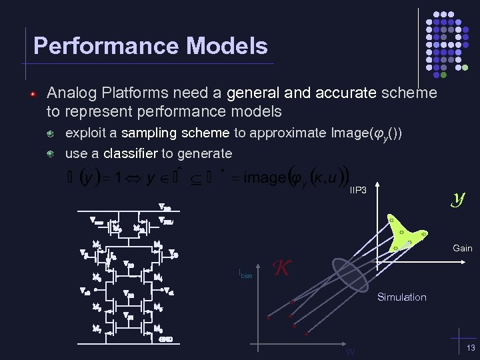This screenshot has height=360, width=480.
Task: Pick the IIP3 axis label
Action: click(358, 191)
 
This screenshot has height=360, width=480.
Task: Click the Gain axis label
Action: click(463, 248)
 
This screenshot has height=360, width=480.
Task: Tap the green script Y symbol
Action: click(458, 197)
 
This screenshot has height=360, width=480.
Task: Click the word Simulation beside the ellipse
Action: click(401, 297)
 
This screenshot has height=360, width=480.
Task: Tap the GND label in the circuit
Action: click(167, 339)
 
